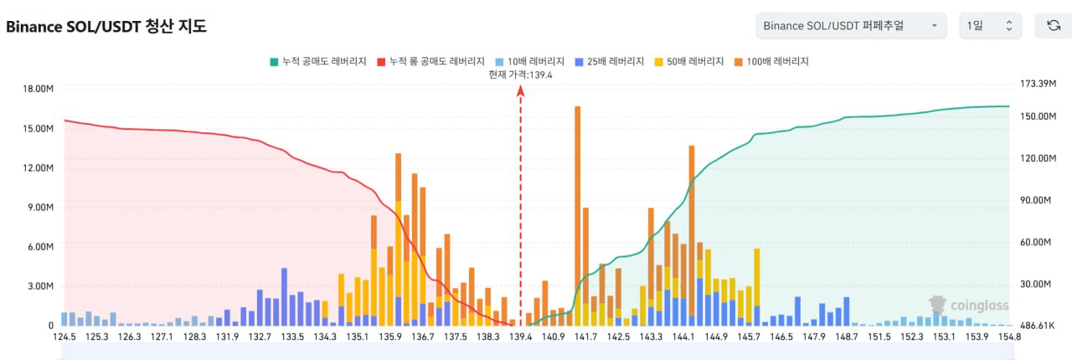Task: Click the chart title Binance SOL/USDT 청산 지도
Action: [106, 27]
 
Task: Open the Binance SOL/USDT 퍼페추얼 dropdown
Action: [850, 26]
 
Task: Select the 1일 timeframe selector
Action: [990, 26]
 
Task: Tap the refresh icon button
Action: [1054, 26]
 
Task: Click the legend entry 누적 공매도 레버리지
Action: [317, 61]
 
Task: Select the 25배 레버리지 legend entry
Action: [610, 61]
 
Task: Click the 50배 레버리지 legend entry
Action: [692, 61]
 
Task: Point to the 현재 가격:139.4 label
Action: [520, 75]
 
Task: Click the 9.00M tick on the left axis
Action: [38, 208]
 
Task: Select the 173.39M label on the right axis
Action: [1038, 85]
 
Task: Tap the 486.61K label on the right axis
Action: [1038, 325]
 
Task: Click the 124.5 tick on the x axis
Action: [64, 337]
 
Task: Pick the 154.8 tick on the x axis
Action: [1009, 337]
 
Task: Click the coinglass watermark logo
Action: [969, 305]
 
